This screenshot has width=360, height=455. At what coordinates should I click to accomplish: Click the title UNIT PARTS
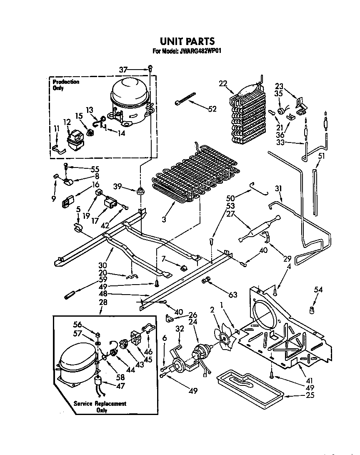(187, 41)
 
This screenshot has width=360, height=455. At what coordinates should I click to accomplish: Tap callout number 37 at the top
(123, 70)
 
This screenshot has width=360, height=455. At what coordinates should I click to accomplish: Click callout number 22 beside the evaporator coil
(223, 84)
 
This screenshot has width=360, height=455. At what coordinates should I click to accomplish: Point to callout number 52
(212, 109)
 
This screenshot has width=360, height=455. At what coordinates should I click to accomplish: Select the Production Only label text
(66, 85)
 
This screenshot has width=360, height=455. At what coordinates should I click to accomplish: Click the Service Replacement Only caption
(100, 407)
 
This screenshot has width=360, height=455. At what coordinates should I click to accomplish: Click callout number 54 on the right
(319, 289)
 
